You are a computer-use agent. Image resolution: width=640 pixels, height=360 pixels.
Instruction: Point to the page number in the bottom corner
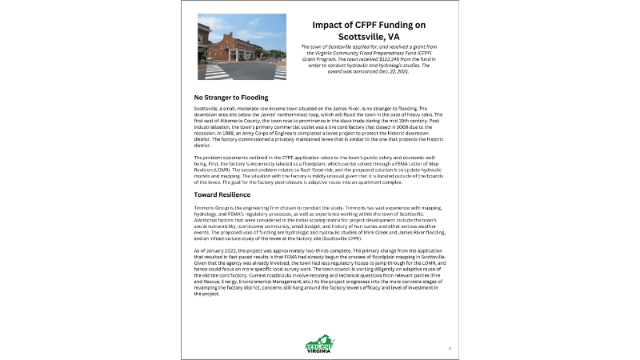point(450,349)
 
